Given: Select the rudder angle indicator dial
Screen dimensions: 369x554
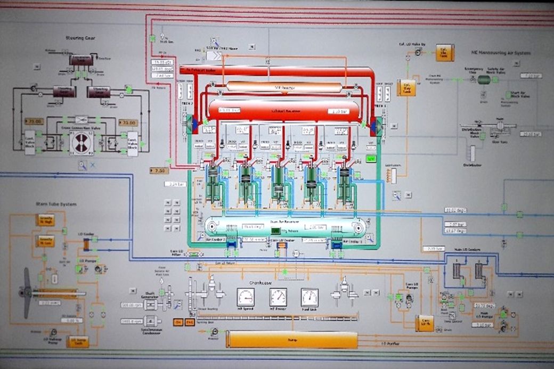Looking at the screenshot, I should (x=81, y=142).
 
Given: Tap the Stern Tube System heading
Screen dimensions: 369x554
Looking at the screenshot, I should (x=56, y=204).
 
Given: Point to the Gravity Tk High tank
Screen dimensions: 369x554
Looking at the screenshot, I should (x=45, y=219).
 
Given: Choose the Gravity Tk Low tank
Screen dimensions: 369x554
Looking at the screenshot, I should (x=45, y=241).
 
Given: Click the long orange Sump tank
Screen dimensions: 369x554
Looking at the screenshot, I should (x=291, y=339).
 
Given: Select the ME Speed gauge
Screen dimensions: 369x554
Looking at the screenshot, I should (x=246, y=297).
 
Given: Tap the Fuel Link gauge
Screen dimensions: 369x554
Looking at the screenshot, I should (x=309, y=297).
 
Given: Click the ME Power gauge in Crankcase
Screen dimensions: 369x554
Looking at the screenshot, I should (x=278, y=297).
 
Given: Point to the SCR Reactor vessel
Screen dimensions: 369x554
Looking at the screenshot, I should (x=284, y=86).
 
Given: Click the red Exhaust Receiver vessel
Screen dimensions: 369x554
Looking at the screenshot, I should (x=283, y=110).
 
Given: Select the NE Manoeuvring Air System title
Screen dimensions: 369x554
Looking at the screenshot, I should (x=495, y=52).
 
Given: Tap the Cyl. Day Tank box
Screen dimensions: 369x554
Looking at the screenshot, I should (x=406, y=87).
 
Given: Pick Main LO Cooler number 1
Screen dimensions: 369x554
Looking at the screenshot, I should (x=457, y=269).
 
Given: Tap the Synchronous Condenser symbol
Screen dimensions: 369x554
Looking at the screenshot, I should (x=152, y=321).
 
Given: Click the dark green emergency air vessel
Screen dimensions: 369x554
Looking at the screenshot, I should (x=484, y=79).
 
